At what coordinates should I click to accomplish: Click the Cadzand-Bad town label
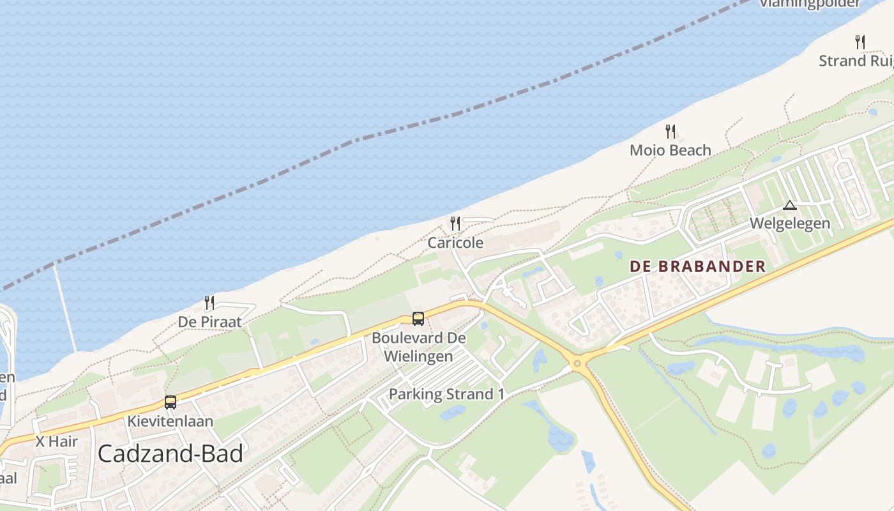[170, 454]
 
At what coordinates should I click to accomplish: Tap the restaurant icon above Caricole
[455, 223]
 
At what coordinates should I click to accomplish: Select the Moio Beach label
[670, 150]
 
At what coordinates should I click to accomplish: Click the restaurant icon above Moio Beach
[670, 131]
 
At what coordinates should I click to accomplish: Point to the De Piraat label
[209, 322]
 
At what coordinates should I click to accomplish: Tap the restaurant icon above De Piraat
[209, 302]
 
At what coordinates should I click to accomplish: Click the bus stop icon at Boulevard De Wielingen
[418, 318]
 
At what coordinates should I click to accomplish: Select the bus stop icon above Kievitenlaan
[170, 402]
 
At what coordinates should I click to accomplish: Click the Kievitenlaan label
[170, 422]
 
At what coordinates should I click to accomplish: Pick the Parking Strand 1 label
[446, 394]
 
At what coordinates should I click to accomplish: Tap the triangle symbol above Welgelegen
[790, 206]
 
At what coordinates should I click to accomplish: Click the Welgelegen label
[790, 224]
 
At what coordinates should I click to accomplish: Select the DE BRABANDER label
[697, 266]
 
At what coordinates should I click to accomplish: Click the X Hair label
[56, 441]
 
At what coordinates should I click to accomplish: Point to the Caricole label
[455, 243]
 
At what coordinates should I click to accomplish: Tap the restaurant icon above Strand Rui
[860, 42]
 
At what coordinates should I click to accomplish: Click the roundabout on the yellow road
[578, 363]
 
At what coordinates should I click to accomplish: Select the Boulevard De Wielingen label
[419, 347]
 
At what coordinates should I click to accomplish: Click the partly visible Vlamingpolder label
[810, 4]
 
